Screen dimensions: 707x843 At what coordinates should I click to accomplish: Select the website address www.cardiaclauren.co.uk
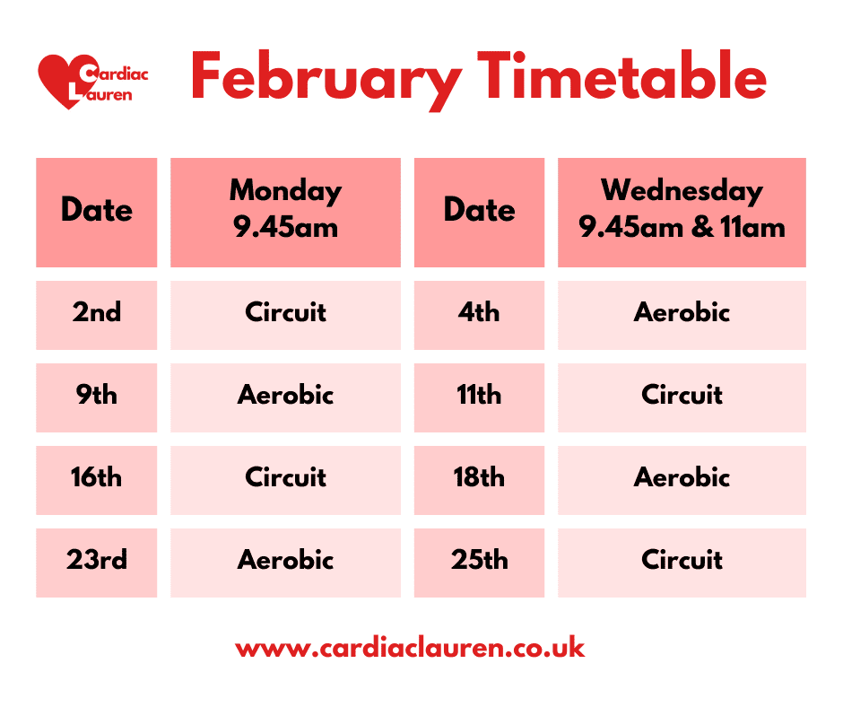tap(410, 648)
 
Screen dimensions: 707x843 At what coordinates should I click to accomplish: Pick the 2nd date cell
tap(96, 313)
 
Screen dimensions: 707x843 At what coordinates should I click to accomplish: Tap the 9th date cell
tap(96, 396)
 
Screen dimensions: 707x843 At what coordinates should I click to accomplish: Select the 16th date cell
tap(96, 478)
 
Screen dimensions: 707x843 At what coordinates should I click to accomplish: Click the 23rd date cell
tap(96, 561)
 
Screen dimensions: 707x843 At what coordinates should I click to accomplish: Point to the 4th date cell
tap(479, 313)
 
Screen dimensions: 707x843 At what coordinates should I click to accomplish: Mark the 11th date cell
tap(479, 396)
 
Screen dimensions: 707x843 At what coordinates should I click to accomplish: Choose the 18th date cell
tap(479, 478)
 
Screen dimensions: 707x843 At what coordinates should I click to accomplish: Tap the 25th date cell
tap(479, 561)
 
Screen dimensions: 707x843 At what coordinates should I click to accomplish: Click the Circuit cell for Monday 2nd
tap(285, 313)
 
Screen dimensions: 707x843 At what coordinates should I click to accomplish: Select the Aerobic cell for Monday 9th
tap(285, 396)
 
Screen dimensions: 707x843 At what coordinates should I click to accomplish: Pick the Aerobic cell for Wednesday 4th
tap(682, 313)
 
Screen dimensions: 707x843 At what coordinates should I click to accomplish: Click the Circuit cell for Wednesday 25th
tap(682, 561)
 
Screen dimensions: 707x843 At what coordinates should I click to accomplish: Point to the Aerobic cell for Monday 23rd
tap(285, 561)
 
